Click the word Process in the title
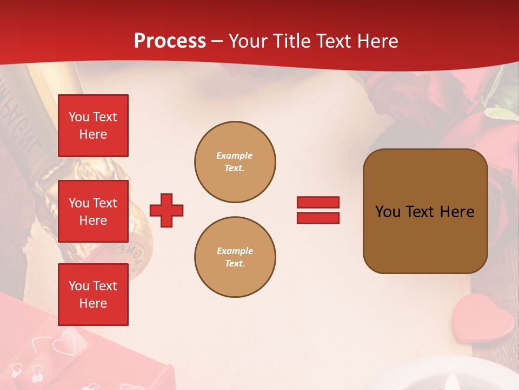pyautogui.click(x=170, y=41)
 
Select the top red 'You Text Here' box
pyautogui.click(x=93, y=126)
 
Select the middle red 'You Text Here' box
pyautogui.click(x=93, y=211)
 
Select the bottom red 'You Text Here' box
pyautogui.click(x=93, y=295)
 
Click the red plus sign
pyautogui.click(x=167, y=210)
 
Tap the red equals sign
pyautogui.click(x=318, y=210)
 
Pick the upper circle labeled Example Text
pyautogui.click(x=235, y=162)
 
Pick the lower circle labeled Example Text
pyautogui.click(x=235, y=257)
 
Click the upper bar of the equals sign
pyautogui.click(x=318, y=202)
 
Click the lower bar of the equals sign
pyautogui.click(x=318, y=218)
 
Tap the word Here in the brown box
pyautogui.click(x=457, y=212)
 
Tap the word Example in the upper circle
pyautogui.click(x=235, y=155)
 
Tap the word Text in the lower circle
pyautogui.click(x=235, y=264)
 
